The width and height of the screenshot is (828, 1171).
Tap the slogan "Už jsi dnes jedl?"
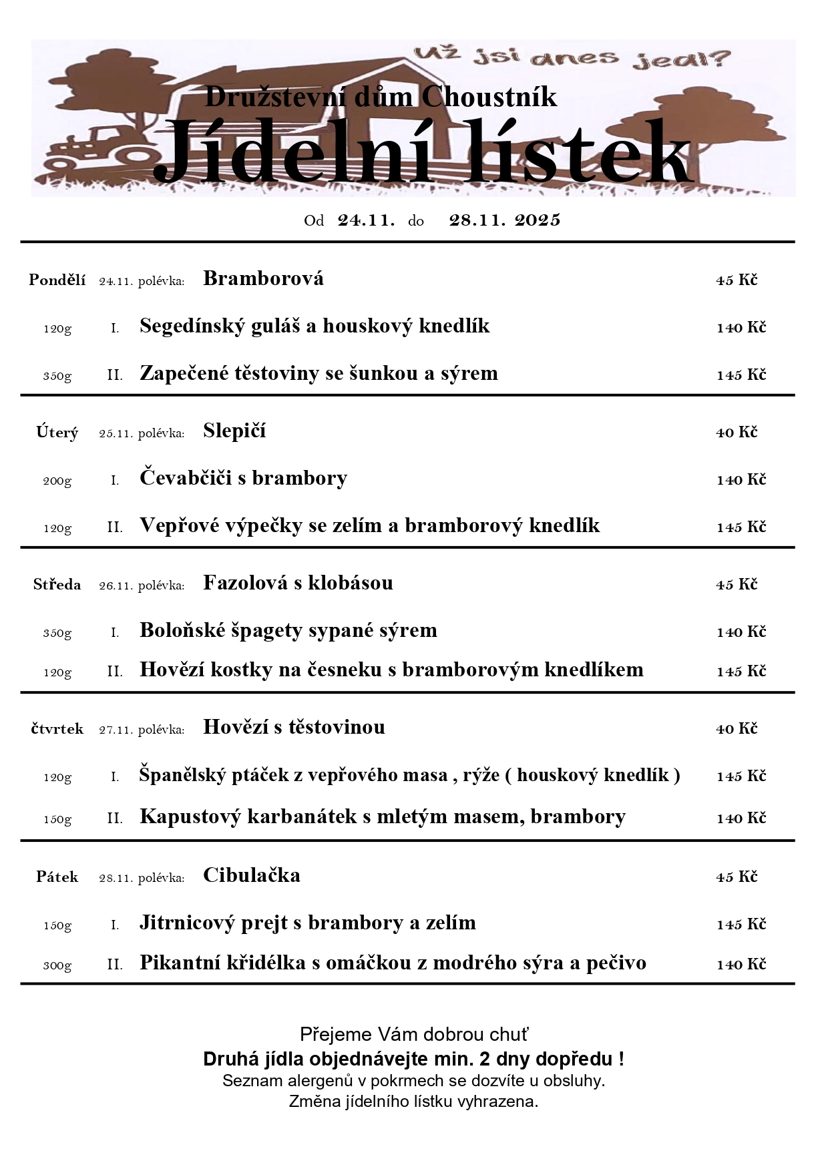[572, 57]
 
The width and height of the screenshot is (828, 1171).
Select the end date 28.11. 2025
[505, 220]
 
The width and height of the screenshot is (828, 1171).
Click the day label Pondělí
[57, 280]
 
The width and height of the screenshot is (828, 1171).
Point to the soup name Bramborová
[263, 278]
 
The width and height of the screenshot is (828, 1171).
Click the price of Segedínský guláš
[741, 328]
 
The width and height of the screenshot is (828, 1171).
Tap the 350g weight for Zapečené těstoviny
[57, 376]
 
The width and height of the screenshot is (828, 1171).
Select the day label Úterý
[57, 433]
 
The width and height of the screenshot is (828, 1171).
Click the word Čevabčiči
[186, 478]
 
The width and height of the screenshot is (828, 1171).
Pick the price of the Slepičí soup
[737, 433]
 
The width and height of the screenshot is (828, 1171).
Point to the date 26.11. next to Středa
[115, 586]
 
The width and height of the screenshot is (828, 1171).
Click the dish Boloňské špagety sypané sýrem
[288, 630]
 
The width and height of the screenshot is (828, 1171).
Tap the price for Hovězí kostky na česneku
[741, 672]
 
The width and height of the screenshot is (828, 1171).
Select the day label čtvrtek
[57, 729]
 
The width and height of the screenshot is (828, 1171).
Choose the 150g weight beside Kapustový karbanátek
[57, 819]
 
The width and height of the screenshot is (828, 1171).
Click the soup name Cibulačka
[252, 875]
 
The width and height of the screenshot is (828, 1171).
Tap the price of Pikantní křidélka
[741, 965]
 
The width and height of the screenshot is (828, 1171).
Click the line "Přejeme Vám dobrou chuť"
[414, 1035]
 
